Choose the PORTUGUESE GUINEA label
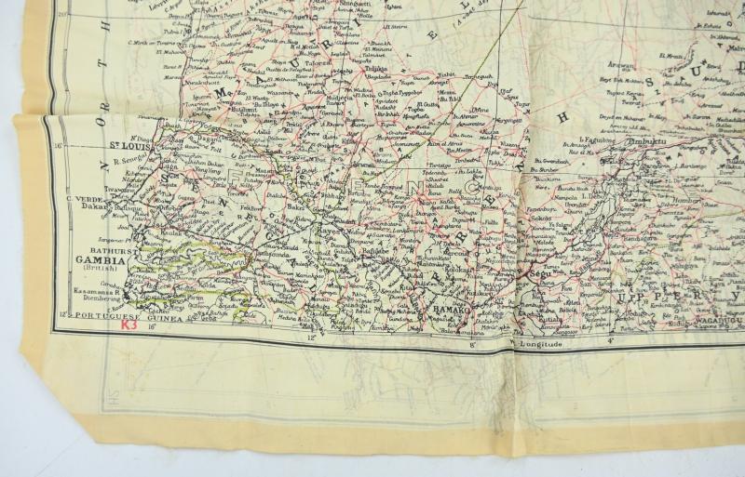101,316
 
